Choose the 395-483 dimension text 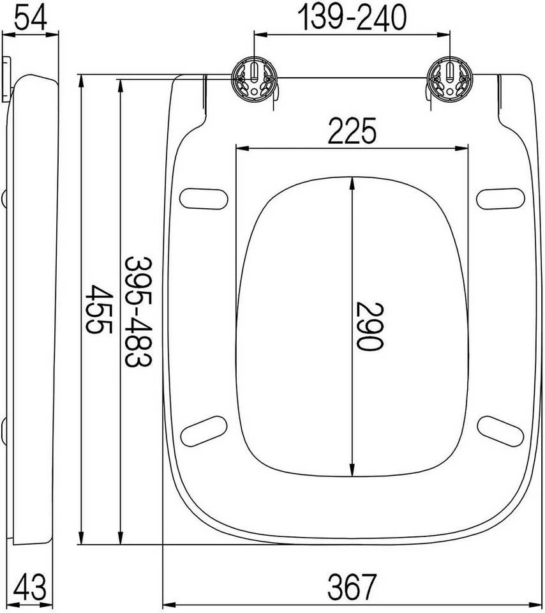[137, 311]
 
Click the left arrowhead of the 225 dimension [241, 149]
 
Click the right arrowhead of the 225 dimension [469, 149]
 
